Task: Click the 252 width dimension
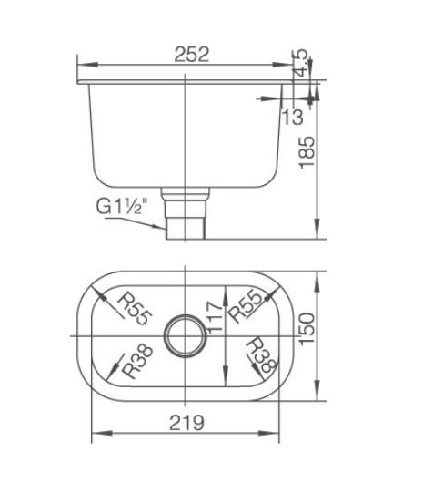[191, 54]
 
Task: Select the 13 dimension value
[293, 117]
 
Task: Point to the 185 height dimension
[307, 152]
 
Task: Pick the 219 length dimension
[186, 422]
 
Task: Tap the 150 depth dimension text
[307, 329]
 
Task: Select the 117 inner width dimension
[215, 317]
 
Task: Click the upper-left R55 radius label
[135, 308]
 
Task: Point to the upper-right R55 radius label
[245, 307]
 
